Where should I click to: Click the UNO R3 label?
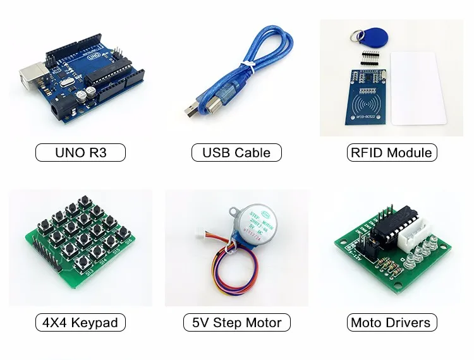(x=80, y=152)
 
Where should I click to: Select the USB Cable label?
(x=236, y=152)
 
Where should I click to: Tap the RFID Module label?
(x=392, y=152)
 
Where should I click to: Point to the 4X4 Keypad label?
(x=80, y=323)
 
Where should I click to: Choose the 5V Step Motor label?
(x=236, y=323)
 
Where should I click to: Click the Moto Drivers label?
(x=392, y=323)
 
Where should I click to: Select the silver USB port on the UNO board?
(x=30, y=74)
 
